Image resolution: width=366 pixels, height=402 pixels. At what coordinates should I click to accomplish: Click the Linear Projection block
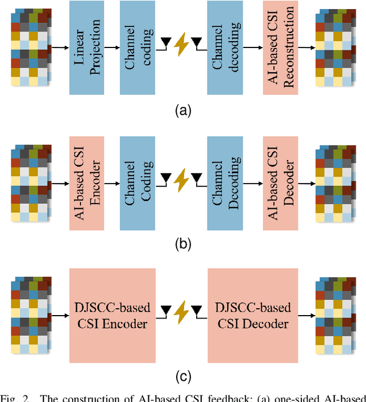pos(87,47)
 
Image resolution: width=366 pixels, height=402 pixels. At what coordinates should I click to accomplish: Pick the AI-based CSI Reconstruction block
pos(281,47)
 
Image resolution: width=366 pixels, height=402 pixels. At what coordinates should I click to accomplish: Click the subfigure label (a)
pos(182,112)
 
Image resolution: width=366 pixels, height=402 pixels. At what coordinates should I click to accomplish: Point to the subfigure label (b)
pos(182,245)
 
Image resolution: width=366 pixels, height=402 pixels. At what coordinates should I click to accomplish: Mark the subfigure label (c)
pos(182,377)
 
